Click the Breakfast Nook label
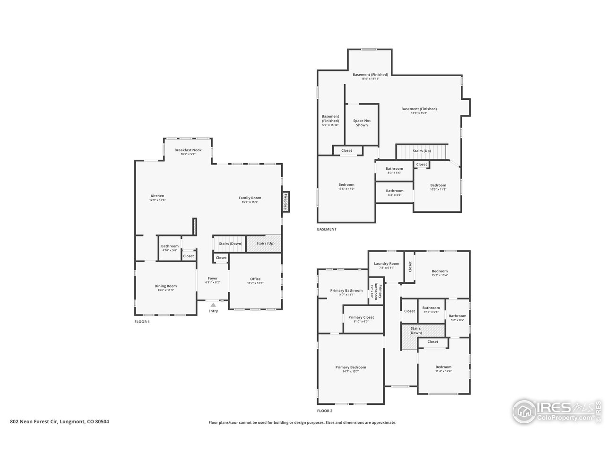coord(188,150)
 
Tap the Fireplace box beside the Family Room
coord(285,201)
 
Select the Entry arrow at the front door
coord(213,306)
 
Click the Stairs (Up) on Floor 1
coord(264,244)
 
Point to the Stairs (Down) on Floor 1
coord(230,244)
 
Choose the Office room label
coord(255,279)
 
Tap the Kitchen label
coord(157,196)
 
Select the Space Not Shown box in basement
coord(362,123)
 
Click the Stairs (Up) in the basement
coord(422,151)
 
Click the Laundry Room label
coord(387,263)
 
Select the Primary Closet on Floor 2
coord(361,317)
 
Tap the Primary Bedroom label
coord(351,367)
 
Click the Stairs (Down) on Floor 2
coord(416,330)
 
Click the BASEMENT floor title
coord(327,229)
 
